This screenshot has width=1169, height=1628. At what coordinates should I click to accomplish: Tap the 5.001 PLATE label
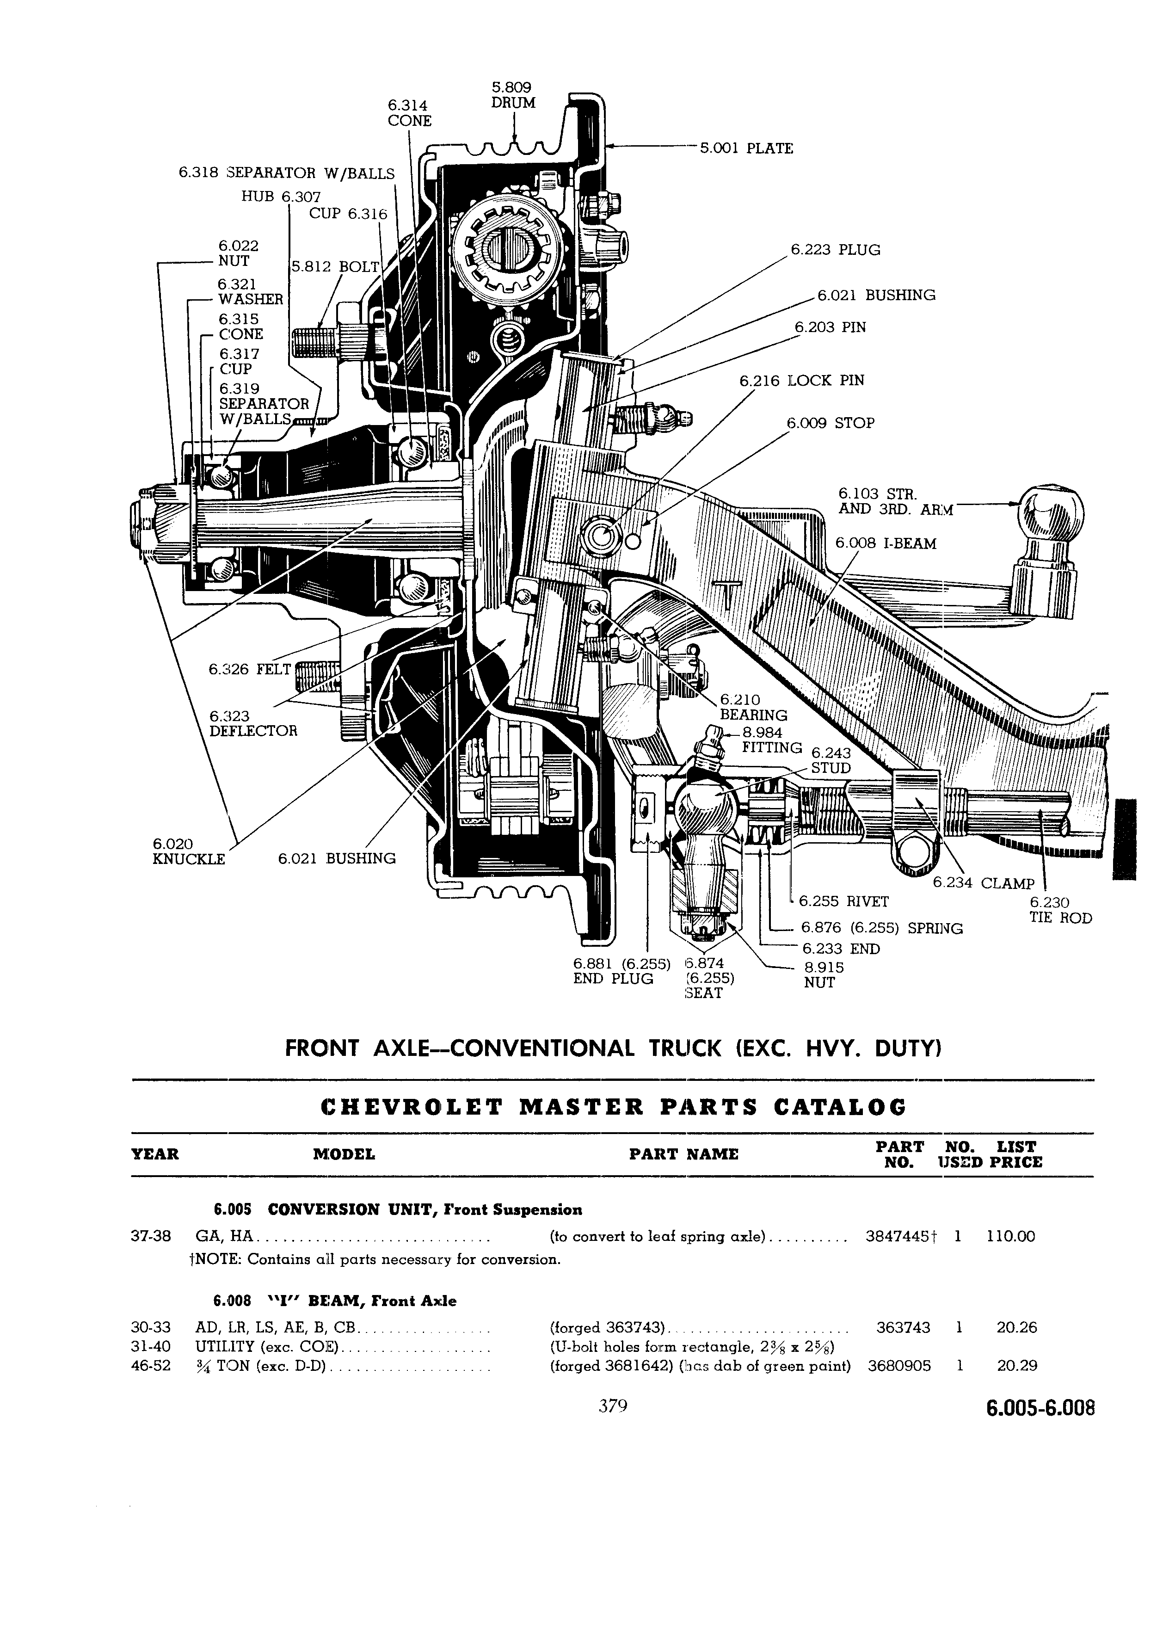coord(746,148)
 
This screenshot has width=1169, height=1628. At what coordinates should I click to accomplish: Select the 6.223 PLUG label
coord(835,250)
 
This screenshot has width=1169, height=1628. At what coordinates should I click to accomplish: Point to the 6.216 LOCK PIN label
coord(801,381)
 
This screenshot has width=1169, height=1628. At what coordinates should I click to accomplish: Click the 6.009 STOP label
coord(831,423)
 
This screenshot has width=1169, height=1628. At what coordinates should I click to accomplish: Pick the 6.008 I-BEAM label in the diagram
coord(886,543)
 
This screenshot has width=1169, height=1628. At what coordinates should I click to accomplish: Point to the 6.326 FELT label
coord(250,669)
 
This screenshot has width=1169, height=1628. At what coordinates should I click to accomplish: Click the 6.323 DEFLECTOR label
coord(252,723)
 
